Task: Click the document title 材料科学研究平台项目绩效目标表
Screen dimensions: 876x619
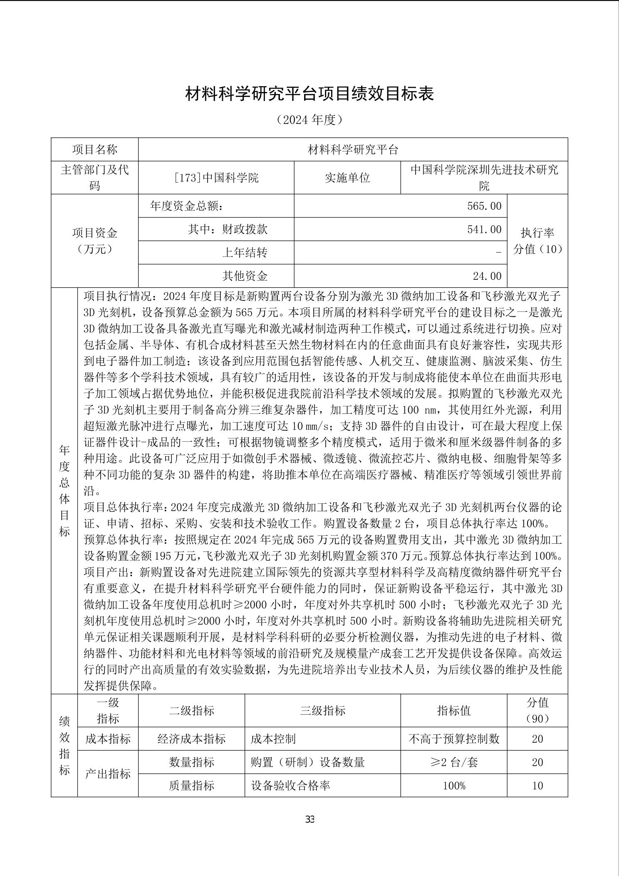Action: tap(309, 94)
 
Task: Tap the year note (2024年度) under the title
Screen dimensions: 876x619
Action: tap(309, 120)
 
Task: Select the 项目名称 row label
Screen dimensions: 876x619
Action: tap(95, 150)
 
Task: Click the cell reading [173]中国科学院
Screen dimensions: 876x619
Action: tap(216, 178)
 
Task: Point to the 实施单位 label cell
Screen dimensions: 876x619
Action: tap(347, 178)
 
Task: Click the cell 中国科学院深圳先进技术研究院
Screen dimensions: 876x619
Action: tap(484, 177)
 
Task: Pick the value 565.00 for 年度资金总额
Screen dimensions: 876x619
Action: tap(484, 206)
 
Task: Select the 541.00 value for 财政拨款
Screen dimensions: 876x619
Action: tap(484, 229)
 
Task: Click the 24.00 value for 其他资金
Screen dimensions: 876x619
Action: tap(487, 276)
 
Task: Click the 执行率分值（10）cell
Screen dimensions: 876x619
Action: tap(537, 241)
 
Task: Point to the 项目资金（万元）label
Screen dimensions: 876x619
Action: tap(95, 241)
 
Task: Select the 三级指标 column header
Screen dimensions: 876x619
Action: tap(323, 710)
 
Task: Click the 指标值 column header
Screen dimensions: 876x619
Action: tap(454, 710)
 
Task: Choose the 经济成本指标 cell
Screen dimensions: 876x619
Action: tap(191, 739)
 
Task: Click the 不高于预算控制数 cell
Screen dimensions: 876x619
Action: tap(454, 739)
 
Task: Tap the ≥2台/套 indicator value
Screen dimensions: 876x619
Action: tap(454, 762)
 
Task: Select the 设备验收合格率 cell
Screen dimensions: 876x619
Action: tap(291, 786)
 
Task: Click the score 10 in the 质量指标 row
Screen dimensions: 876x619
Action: tap(537, 786)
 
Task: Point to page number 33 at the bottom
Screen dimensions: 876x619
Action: tap(309, 819)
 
